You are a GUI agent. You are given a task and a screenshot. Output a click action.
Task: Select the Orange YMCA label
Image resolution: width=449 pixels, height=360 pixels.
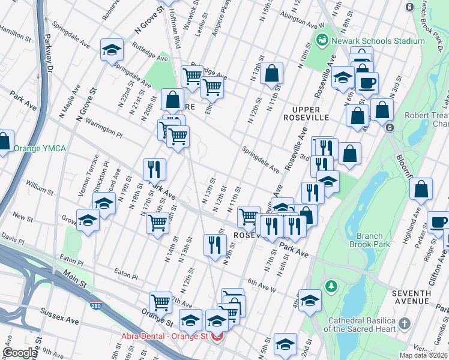(x=40, y=148)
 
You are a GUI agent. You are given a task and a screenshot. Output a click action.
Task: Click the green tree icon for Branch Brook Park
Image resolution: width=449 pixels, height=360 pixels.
(x=330, y=287)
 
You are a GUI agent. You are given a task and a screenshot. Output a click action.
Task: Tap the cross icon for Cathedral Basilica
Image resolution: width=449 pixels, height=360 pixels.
(x=405, y=324)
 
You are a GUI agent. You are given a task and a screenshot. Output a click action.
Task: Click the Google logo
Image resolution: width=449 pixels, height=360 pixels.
(x=20, y=353)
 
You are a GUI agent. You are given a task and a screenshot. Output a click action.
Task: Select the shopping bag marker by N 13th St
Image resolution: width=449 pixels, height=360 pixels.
(x=272, y=74)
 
